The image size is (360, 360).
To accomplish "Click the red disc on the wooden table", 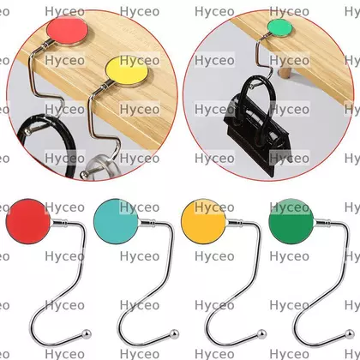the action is pos(68,31).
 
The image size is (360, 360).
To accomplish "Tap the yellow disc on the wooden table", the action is pos(127,71).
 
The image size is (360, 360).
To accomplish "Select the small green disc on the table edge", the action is pos(279,27).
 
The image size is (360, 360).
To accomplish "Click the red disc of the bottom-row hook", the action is pos(28,221).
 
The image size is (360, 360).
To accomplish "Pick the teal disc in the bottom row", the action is pos(116,221).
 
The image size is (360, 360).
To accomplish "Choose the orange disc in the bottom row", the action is pos(204,221).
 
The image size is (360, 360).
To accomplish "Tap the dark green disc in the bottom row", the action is pos(291,221).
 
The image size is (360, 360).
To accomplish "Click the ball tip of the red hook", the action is pos(87,333).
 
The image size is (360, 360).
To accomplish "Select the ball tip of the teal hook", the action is pos(174,333).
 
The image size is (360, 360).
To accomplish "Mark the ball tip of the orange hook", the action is pos(261,333).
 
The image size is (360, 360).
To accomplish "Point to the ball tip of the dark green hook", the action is pos(350,333).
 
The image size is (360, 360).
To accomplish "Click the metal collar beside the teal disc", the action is pos(147,222).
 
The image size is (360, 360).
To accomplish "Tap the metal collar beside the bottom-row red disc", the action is pos(59,222).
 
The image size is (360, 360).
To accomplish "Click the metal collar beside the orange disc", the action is pos(234,222).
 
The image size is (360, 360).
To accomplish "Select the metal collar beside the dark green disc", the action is pos(322,222).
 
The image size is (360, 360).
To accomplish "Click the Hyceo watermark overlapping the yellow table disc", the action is pos(140,60).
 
